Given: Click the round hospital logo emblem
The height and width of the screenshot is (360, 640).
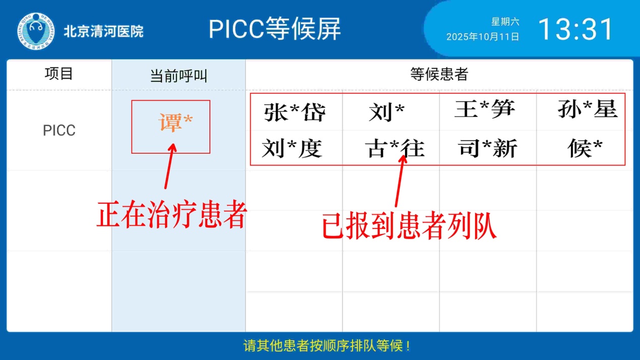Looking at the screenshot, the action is [x=36, y=31].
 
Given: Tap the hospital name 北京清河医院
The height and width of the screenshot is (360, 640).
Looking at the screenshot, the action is [x=103, y=31].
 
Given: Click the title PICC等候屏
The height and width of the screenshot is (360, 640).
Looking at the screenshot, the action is [x=274, y=29].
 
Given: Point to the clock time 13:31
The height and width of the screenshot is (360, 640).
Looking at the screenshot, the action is [x=575, y=29].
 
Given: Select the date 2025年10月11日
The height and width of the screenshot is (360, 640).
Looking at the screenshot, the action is [x=483, y=37].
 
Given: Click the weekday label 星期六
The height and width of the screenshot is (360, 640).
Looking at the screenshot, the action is [x=505, y=22].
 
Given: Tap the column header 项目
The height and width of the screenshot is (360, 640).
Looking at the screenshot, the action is [x=59, y=74].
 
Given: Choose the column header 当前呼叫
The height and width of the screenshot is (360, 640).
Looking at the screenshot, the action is [x=179, y=76].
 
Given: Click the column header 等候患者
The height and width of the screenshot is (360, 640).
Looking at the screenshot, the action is [x=439, y=74].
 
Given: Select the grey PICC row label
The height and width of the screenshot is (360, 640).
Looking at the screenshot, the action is [x=59, y=131].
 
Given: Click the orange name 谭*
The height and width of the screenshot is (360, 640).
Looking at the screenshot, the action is [x=176, y=123].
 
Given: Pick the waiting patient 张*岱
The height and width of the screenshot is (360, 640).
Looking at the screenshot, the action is [x=295, y=112].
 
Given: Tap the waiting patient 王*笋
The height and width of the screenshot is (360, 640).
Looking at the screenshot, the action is [x=485, y=108].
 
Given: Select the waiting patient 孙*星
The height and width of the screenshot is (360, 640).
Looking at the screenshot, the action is [x=588, y=108].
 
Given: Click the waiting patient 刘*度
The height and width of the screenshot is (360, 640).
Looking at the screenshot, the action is [x=292, y=148].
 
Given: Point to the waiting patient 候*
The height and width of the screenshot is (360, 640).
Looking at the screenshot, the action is [x=585, y=148].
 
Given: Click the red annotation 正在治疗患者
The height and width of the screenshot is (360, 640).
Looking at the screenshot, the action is [x=171, y=215].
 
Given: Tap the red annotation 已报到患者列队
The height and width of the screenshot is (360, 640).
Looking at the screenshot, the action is [x=409, y=226].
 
